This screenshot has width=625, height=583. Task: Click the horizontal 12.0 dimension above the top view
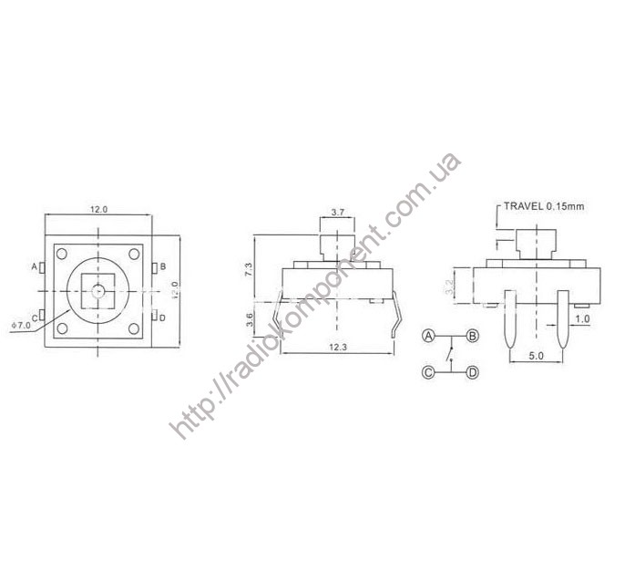[x=98, y=210]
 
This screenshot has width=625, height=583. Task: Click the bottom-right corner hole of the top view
[x=134, y=328]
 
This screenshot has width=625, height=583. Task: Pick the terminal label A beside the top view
[x=35, y=267]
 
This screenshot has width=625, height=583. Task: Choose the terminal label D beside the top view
[x=162, y=318]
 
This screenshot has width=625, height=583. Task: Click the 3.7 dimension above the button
[x=337, y=212]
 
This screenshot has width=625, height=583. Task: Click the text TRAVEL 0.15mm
[x=545, y=207]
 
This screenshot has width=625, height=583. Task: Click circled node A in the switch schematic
[x=427, y=336]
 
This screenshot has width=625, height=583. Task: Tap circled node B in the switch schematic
[x=472, y=336]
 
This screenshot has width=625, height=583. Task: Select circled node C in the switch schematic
[x=427, y=371]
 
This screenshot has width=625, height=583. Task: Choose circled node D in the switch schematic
[x=472, y=371]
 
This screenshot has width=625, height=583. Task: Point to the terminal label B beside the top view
[x=162, y=267]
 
